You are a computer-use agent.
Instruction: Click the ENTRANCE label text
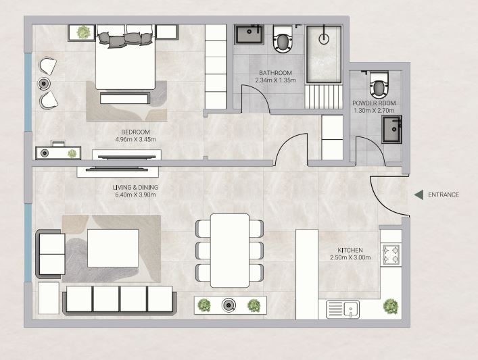[444, 195]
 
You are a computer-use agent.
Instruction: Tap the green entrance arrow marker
[419, 195]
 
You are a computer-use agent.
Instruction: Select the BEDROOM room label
[135, 132]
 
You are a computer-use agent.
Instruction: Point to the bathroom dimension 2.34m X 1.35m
[275, 80]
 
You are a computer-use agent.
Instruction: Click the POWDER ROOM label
[374, 103]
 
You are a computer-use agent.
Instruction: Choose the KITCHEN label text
[350, 250]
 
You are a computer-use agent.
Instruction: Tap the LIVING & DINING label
[135, 187]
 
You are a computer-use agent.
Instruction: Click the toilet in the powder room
[379, 84]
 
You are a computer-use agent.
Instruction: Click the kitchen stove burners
[391, 255]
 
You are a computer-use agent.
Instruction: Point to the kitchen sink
[343, 309]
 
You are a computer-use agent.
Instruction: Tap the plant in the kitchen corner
[391, 306]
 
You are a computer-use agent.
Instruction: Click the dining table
[230, 251]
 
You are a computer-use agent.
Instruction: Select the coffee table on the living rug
[113, 249]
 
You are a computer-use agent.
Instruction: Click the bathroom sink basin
[249, 34]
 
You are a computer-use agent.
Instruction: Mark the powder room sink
[391, 129]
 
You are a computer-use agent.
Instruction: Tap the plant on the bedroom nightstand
[83, 32]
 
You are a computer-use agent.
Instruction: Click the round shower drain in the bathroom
[324, 38]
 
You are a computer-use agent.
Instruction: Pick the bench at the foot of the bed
[125, 98]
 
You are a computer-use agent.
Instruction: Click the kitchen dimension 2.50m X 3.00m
[350, 257]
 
